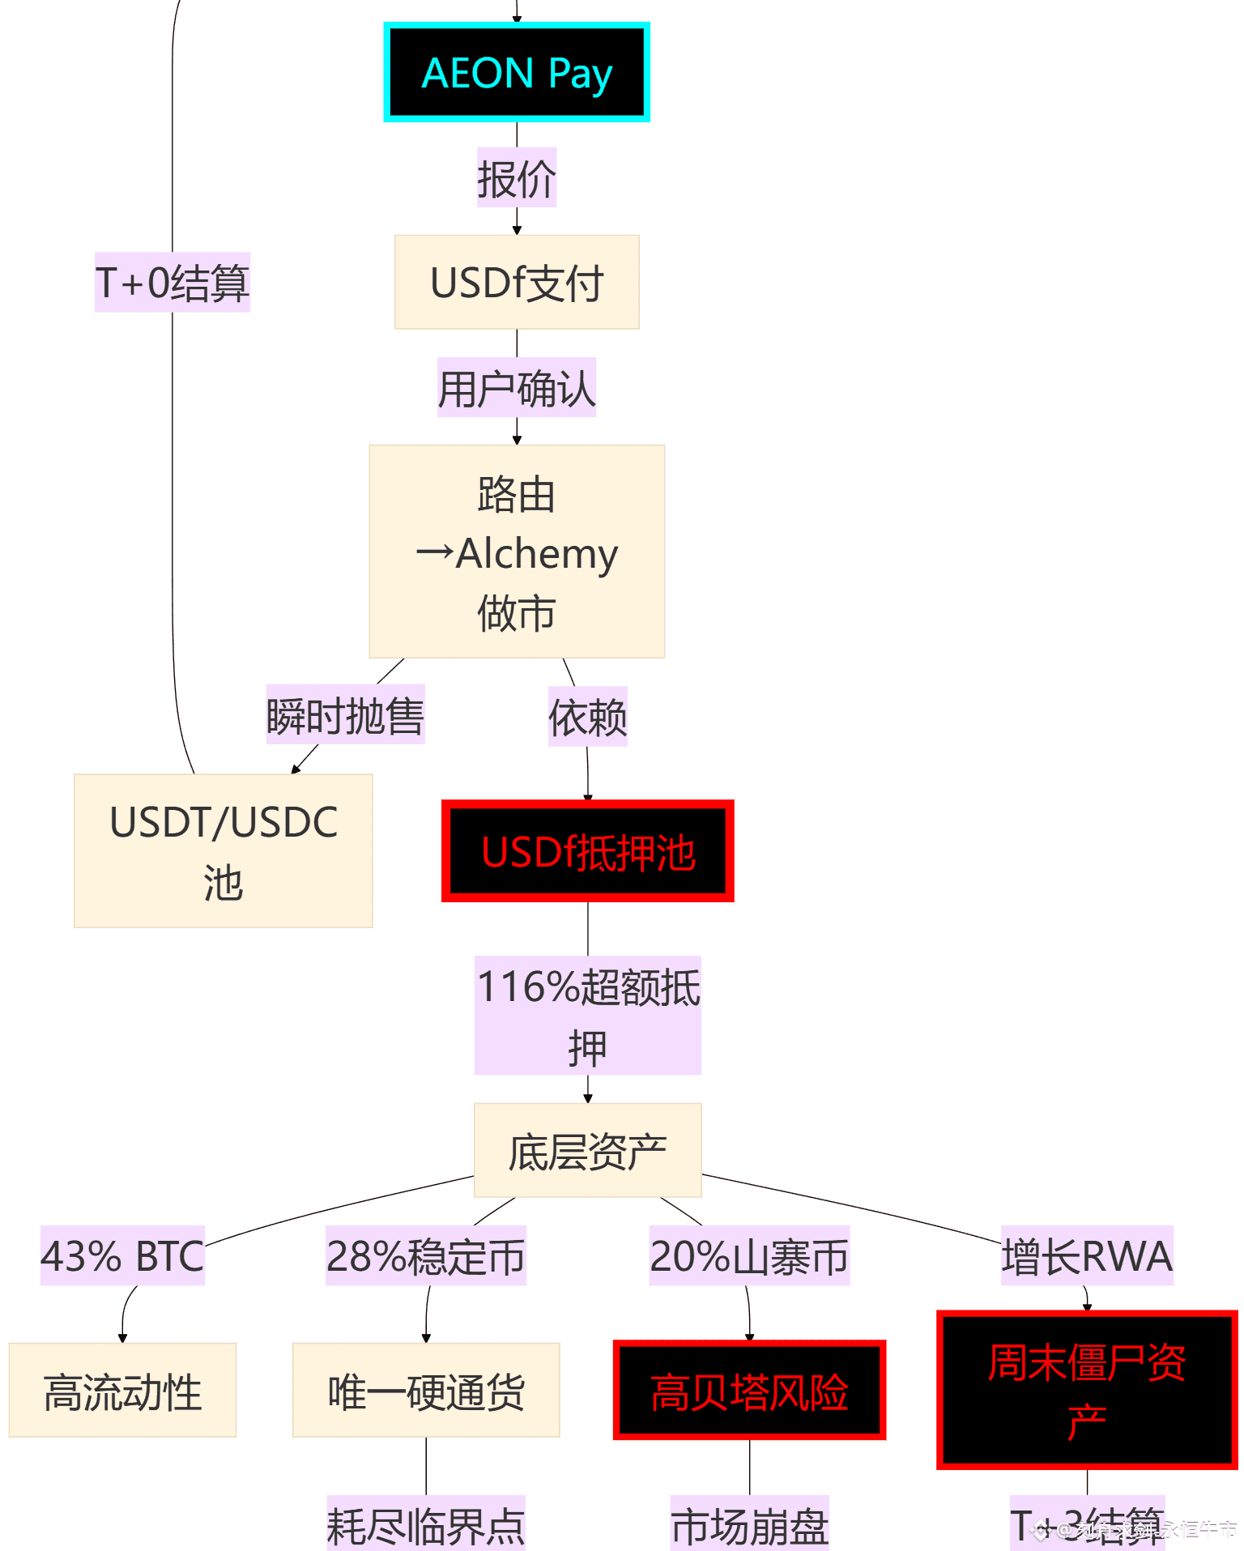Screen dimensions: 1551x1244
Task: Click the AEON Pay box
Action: [x=517, y=73]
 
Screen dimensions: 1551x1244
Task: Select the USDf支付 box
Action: [x=517, y=282]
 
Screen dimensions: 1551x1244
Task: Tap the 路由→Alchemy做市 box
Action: [x=517, y=552]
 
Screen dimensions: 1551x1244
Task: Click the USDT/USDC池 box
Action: [x=223, y=850]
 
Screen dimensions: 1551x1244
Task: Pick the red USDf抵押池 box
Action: [x=588, y=851]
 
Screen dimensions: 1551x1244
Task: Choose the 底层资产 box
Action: [x=587, y=1150]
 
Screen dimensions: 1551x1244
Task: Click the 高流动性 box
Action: [x=122, y=1391]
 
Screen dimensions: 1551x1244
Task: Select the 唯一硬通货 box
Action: [x=426, y=1391]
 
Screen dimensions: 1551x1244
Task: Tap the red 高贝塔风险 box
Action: [x=749, y=1391]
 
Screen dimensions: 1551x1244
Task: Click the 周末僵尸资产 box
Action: [x=1087, y=1390]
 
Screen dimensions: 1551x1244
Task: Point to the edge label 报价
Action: [x=517, y=178]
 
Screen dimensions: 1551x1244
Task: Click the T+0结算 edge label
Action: [x=173, y=282]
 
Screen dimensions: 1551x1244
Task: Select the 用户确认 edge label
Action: [x=517, y=388]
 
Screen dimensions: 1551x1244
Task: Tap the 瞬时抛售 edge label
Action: [x=346, y=715]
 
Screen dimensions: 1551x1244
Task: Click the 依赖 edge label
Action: [x=588, y=717]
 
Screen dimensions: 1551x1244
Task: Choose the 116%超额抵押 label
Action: [x=588, y=1016]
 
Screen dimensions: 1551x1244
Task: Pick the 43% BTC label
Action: [x=122, y=1255]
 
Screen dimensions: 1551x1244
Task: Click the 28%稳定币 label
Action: [x=426, y=1255]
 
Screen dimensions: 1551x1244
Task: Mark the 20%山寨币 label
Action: [x=749, y=1255]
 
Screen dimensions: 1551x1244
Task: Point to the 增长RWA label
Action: [x=1087, y=1255]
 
